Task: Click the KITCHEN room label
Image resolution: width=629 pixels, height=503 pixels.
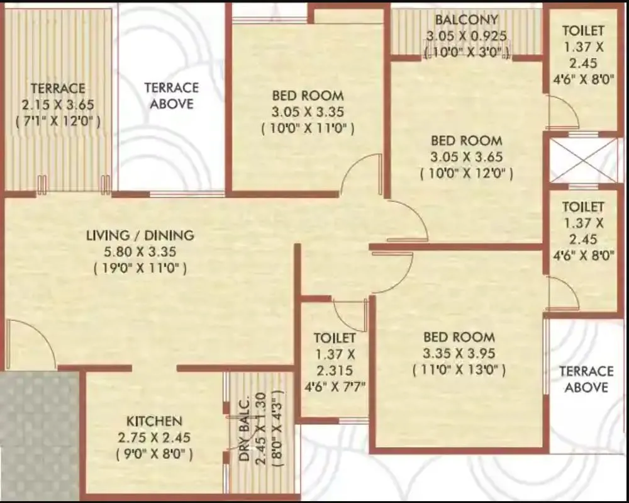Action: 154,421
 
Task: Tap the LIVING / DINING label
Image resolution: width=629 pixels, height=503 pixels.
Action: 140,235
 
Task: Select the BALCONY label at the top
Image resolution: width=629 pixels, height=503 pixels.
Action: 466,20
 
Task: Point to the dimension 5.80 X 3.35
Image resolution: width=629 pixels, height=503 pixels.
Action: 140,252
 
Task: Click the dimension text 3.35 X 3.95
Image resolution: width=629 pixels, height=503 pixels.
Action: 459,353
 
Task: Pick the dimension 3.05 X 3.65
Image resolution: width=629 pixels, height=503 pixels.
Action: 466,157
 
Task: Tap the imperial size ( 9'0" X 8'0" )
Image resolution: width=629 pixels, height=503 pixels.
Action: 154,453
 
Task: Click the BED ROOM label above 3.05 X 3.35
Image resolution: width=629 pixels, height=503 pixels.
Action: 308,96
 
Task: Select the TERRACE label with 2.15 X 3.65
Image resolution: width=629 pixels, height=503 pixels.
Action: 58,88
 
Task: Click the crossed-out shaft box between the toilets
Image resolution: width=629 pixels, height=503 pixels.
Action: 583,160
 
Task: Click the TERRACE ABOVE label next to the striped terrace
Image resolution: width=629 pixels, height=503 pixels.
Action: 171,95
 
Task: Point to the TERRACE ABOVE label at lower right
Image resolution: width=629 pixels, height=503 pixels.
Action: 586,379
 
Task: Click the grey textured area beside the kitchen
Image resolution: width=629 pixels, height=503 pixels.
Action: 39,434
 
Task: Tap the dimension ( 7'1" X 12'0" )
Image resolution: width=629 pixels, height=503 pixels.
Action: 58,121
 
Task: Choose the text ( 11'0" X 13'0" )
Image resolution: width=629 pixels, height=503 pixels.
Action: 459,370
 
